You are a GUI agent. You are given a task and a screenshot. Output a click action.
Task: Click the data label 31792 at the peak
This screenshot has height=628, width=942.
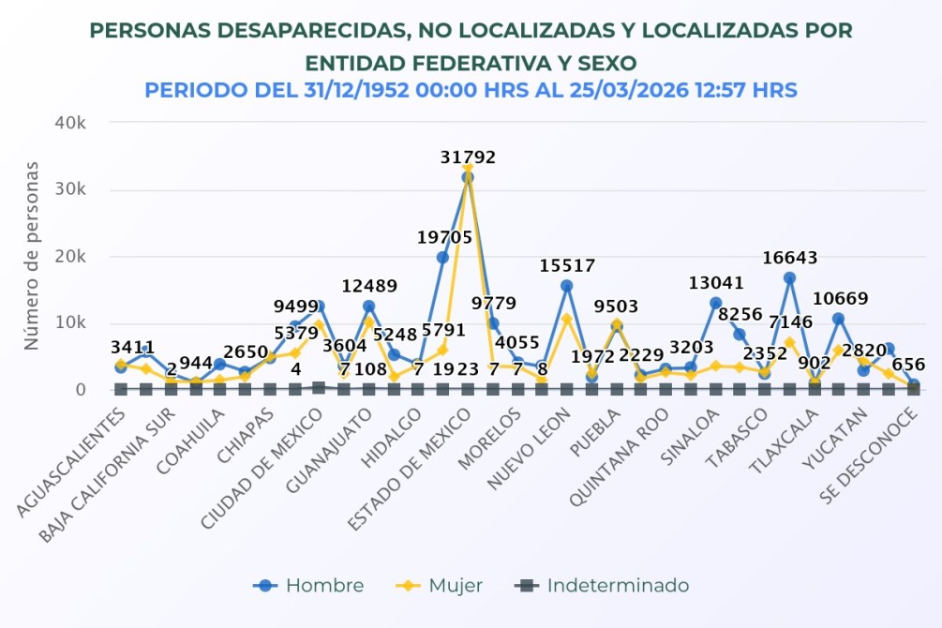pos(468,157)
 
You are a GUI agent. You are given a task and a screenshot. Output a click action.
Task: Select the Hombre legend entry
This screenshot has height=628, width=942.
pos(308,586)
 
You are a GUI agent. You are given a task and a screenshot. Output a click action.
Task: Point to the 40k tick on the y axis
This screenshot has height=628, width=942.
pos(70,123)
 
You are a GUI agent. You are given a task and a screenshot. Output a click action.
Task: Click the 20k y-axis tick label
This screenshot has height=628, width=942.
pos(70,256)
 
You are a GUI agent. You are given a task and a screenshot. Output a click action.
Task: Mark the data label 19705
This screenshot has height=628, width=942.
pos(444,238)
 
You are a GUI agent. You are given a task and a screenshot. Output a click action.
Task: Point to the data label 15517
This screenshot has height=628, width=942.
pos(567,266)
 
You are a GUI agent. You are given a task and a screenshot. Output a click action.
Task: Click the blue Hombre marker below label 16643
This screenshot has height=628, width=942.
pos(790,278)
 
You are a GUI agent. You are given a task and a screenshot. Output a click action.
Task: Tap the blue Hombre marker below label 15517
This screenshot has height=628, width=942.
pos(567,286)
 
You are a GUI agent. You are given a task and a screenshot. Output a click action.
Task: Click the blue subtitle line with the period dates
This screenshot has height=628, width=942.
pos(471,91)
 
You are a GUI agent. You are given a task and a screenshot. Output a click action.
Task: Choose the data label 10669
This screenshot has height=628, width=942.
pos(839,299)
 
